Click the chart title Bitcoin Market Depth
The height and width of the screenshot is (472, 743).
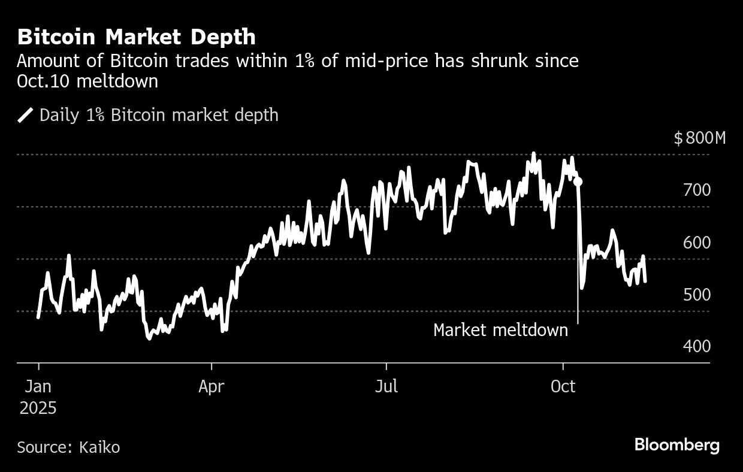click(136, 37)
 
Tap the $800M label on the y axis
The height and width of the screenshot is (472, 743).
click(699, 138)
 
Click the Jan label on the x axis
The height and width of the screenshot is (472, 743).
click(38, 386)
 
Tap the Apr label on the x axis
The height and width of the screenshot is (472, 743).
click(211, 386)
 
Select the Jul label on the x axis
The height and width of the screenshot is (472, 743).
click(386, 386)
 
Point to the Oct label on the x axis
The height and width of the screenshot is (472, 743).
click(563, 386)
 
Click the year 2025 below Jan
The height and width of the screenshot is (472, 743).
click(38, 409)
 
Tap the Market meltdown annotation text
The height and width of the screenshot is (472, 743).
click(500, 330)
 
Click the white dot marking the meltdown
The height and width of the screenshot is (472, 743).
click(578, 181)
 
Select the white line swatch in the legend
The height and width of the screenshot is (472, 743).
click(26, 115)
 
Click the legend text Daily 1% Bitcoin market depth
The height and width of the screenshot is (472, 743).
click(159, 115)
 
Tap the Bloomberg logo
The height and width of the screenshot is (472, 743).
click(677, 445)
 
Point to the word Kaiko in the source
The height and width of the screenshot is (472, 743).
click(98, 447)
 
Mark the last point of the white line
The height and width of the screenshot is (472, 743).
click(645, 281)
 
